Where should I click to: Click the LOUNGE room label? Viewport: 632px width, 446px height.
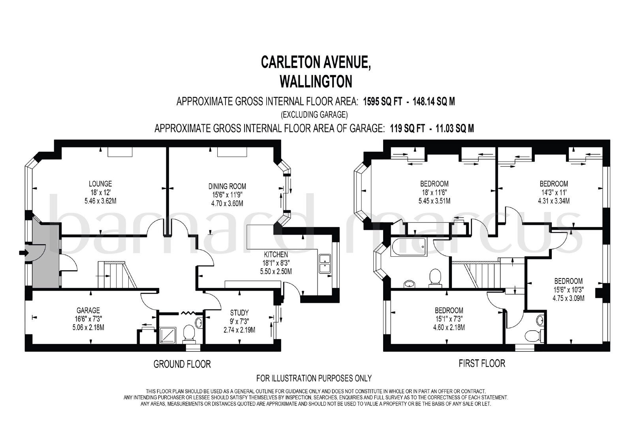tap(100, 184)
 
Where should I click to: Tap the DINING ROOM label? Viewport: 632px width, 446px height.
tap(227, 187)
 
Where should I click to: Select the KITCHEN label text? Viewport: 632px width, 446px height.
tap(276, 255)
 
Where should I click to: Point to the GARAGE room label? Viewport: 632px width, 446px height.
tap(88, 310)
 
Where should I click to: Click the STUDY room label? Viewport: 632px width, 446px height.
tap(239, 313)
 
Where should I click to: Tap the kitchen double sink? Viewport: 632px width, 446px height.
tap(325, 264)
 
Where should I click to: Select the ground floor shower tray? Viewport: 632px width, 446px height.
tap(168, 335)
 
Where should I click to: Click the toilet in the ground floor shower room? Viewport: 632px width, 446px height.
tap(189, 334)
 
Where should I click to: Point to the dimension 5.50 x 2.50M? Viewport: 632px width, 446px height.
tap(276, 272)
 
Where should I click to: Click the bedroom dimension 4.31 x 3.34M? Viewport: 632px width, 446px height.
tap(553, 201)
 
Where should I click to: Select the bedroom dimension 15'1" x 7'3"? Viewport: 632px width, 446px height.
tap(449, 319)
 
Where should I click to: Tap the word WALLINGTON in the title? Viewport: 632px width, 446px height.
tap(316, 81)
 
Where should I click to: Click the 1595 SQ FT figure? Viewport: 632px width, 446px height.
tap(382, 101)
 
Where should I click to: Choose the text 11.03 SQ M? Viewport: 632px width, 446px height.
tap(455, 129)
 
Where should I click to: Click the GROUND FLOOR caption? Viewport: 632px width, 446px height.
tap(182, 364)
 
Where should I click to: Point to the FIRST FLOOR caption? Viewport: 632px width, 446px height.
tap(482, 364)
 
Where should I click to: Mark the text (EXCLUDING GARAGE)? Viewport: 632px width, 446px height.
tap(314, 115)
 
